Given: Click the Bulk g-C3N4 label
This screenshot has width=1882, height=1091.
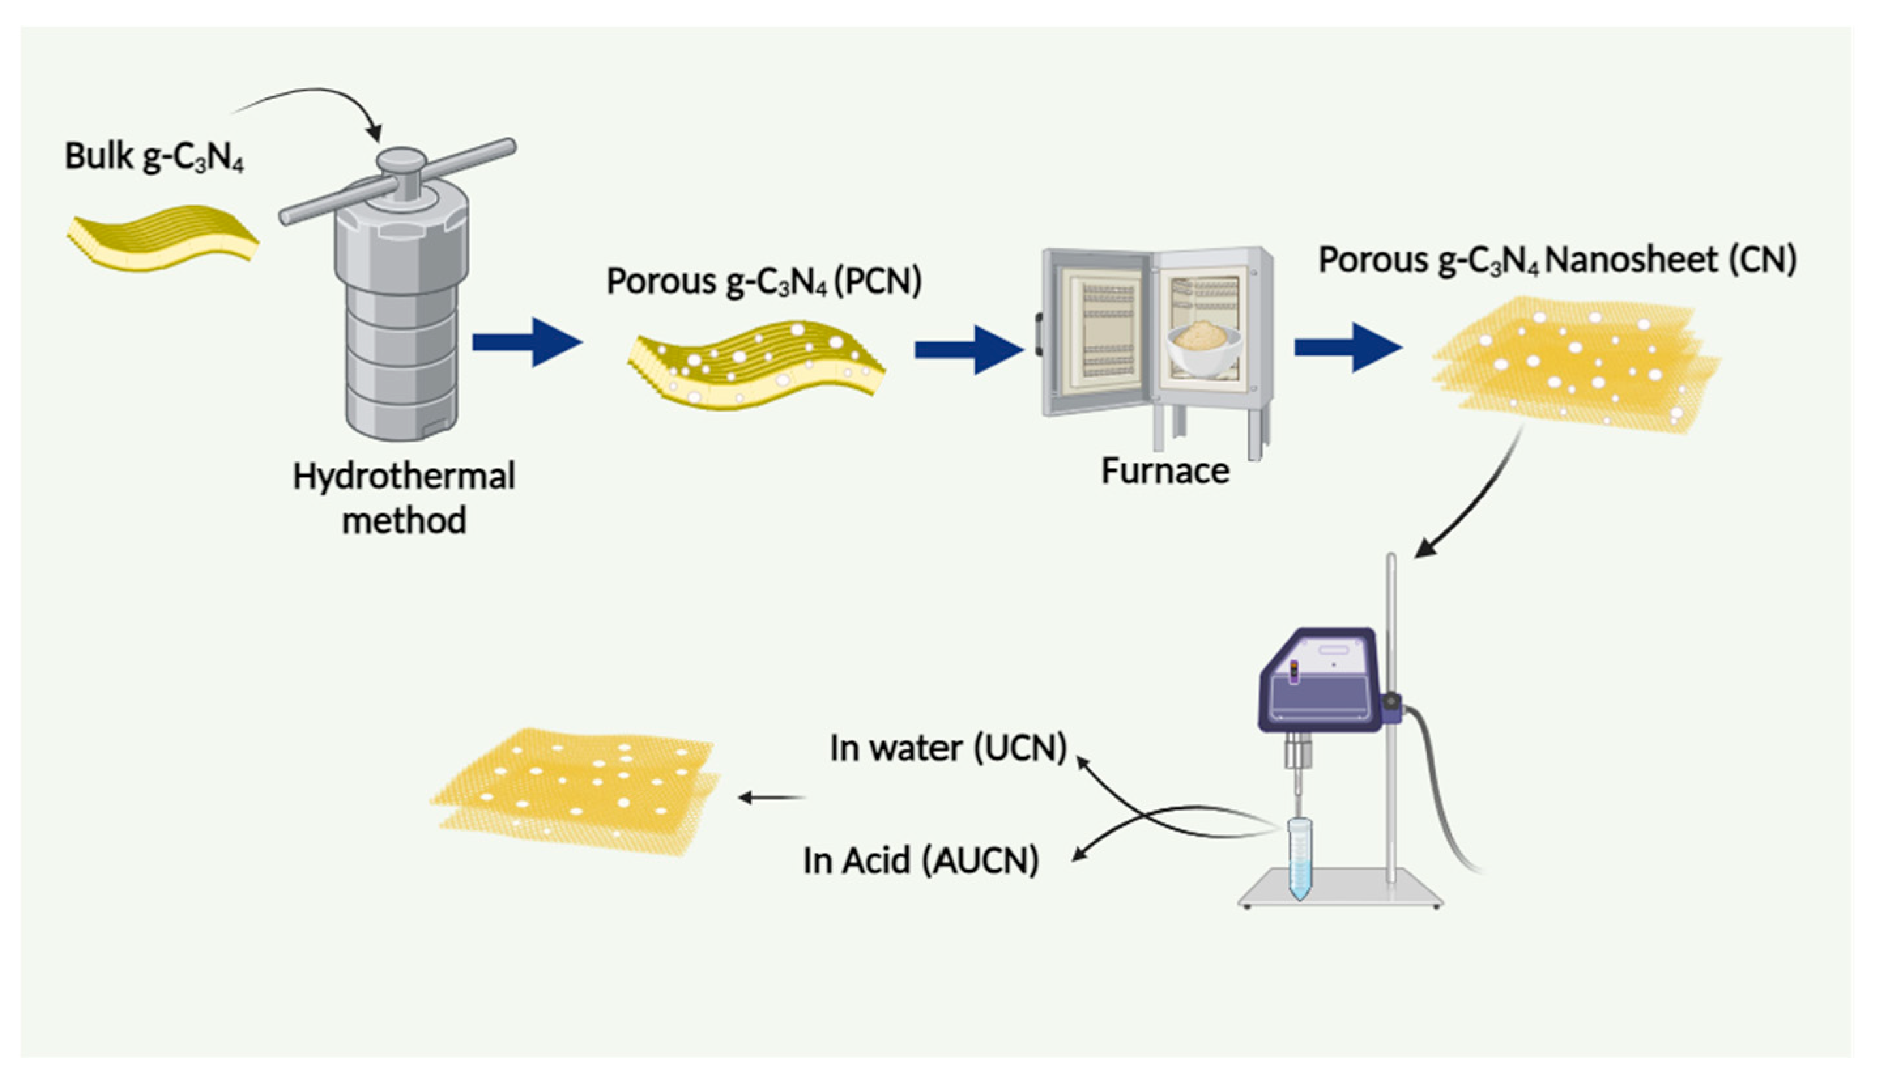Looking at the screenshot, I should click(x=154, y=157).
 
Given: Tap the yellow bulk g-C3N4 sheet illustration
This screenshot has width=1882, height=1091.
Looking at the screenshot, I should click(x=163, y=237).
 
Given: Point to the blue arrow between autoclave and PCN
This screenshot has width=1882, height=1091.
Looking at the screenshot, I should click(x=527, y=343).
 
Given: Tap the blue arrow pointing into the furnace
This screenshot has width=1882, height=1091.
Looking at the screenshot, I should click(x=968, y=350).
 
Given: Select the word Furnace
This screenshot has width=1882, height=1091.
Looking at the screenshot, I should click(x=1165, y=471).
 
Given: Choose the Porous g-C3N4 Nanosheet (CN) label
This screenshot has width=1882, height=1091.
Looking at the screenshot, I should click(x=1557, y=261).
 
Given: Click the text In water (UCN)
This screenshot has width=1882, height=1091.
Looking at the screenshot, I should click(x=948, y=748).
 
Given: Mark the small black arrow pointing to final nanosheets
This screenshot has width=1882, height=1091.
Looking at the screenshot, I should click(x=771, y=798).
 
